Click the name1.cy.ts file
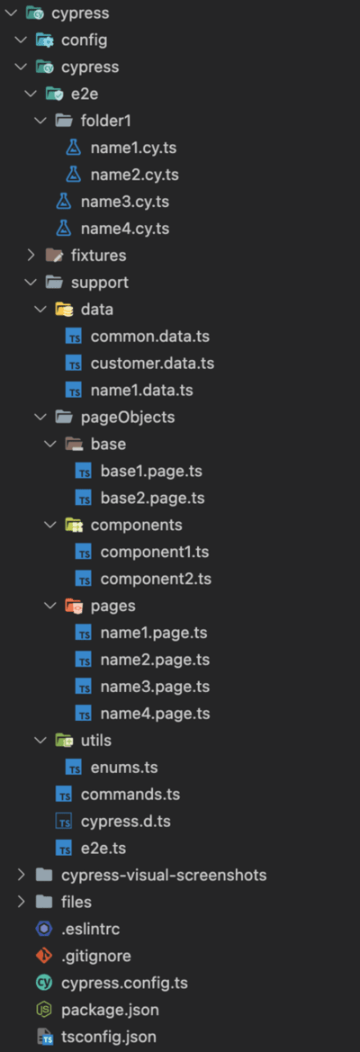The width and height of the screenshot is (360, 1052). (133, 148)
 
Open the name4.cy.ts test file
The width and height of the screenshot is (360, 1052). (125, 229)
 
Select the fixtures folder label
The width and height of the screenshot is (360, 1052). (98, 256)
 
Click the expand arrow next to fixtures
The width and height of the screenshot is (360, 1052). (31, 255)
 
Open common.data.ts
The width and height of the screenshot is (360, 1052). (146, 337)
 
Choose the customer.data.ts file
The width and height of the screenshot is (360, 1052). (152, 363)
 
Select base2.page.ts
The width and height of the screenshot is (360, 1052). (153, 498)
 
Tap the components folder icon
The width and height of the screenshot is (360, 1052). (73, 525)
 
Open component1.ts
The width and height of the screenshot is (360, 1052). (155, 552)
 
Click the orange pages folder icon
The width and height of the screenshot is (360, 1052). (73, 605)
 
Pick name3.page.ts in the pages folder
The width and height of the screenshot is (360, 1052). (155, 687)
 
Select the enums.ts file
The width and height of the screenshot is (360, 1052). (124, 767)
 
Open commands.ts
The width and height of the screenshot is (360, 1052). (130, 795)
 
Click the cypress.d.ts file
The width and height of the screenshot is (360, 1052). (130, 822)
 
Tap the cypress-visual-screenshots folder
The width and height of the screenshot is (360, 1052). (164, 875)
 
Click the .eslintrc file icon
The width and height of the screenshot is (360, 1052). (43, 930)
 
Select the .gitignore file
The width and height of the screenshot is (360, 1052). (96, 956)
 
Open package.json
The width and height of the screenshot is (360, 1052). (110, 1010)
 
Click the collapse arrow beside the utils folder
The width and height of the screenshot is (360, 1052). (40, 740)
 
